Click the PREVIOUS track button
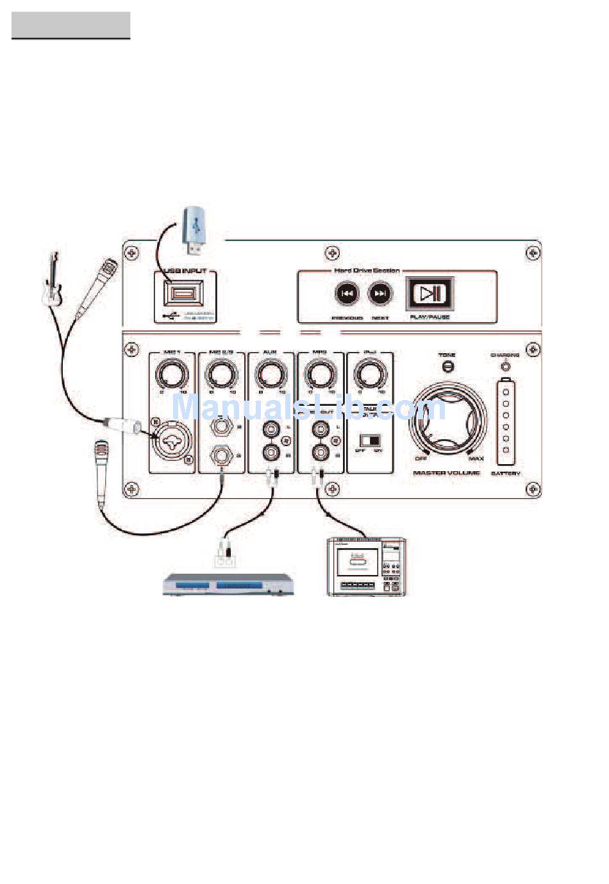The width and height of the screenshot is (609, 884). [347, 294]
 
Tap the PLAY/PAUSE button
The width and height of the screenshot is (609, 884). [430, 294]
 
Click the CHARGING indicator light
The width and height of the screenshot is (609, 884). [506, 367]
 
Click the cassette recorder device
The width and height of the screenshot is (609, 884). [366, 567]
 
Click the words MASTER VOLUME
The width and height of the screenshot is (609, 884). [446, 473]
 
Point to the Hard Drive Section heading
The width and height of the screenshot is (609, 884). [367, 271]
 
